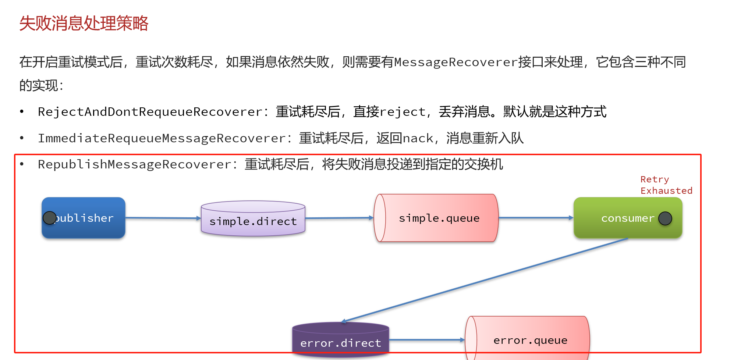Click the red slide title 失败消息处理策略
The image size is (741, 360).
point(84,24)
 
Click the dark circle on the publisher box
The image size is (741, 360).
point(49,218)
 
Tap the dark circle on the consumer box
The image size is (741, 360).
point(665,218)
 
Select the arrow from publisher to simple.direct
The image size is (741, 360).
point(163,218)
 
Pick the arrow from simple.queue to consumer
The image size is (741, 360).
point(536,218)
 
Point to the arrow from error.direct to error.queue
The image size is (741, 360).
point(427,340)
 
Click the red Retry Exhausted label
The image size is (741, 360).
point(666,185)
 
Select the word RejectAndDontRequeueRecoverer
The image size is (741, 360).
point(150,112)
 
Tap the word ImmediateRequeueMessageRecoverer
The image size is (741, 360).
point(162,138)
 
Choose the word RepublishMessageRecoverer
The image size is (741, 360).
point(135,164)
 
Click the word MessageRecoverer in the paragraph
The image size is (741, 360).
point(455,62)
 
